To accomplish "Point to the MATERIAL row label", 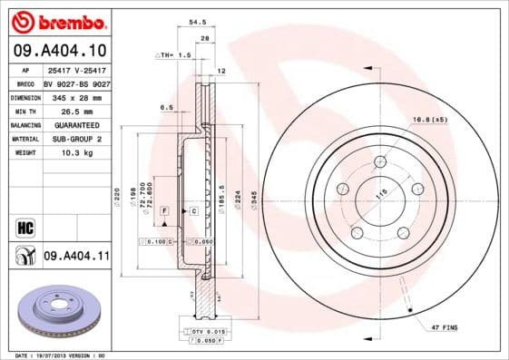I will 24,139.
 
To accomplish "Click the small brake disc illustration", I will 56,311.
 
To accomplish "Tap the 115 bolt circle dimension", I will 369,192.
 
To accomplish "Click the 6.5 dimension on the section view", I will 166,107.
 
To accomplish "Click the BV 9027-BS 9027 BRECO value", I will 76,82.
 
